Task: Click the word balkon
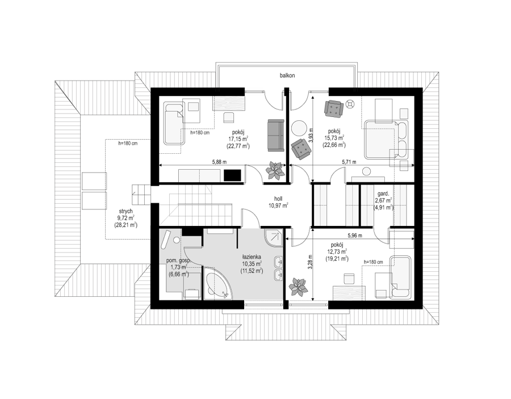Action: [x=287, y=75]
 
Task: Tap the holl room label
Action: [x=278, y=198]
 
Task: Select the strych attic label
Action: [x=125, y=211]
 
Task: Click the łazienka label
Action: [x=252, y=257]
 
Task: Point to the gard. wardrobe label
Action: [x=383, y=193]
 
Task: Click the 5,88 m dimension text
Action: [x=219, y=162]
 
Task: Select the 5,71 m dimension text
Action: [x=349, y=162]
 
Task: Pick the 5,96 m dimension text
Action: [x=355, y=235]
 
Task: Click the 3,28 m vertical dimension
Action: [x=311, y=262]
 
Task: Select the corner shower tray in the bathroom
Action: [x=273, y=238]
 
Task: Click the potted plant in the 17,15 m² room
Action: [x=275, y=170]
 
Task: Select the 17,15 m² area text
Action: [x=238, y=139]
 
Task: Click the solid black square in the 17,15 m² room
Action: [x=233, y=175]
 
